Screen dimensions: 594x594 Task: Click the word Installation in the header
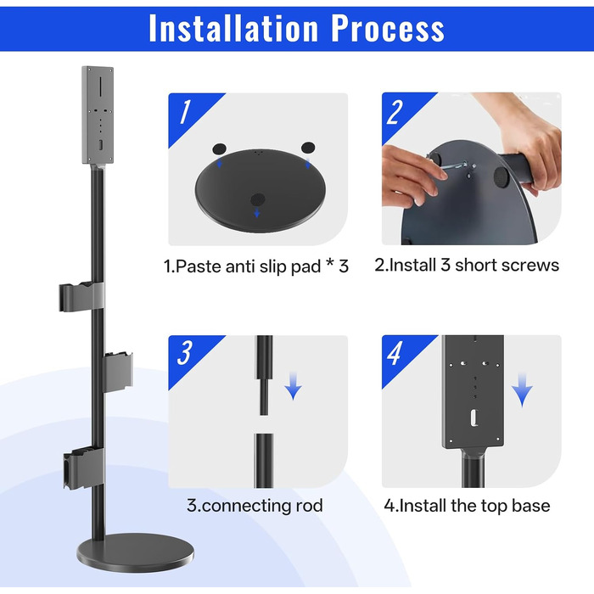pyautogui.click(x=233, y=28)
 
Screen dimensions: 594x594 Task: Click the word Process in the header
pyautogui.click(x=388, y=28)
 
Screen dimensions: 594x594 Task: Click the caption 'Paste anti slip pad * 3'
pyautogui.click(x=256, y=266)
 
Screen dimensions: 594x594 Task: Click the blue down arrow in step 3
pyautogui.click(x=294, y=385)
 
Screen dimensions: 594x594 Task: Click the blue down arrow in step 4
pyautogui.click(x=522, y=389)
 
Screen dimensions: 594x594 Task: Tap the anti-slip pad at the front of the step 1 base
pyautogui.click(x=258, y=199)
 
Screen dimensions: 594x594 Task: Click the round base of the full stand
pyautogui.click(x=136, y=552)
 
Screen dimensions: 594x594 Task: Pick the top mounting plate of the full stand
pyautogui.click(x=98, y=115)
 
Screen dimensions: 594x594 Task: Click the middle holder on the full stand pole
pyautogui.click(x=118, y=372)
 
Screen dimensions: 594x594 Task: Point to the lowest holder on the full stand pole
pyautogui.click(x=84, y=468)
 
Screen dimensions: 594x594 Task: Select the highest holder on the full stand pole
pyautogui.click(x=81, y=297)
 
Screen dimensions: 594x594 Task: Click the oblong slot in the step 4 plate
pyautogui.click(x=474, y=417)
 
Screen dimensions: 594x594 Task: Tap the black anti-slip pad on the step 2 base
pyautogui.click(x=502, y=177)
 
